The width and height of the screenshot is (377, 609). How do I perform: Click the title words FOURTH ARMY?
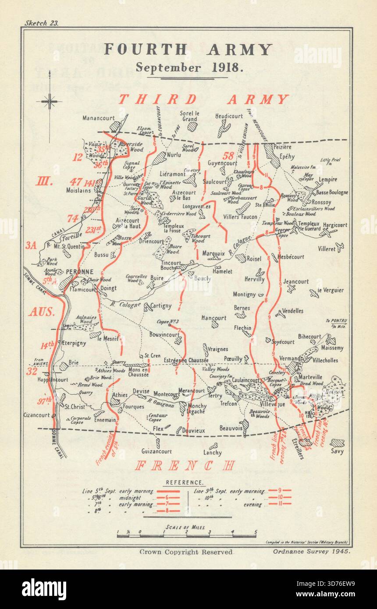(188, 49)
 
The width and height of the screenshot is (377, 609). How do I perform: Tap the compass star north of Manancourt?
(50, 102)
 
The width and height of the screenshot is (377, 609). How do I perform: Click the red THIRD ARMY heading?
(203, 99)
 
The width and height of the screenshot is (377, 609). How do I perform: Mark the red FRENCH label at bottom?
(185, 465)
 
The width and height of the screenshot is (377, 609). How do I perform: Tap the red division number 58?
(228, 156)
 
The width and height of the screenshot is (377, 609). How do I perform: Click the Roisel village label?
(254, 258)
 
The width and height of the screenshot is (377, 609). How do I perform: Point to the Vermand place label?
(290, 358)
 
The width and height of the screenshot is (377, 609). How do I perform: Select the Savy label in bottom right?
(338, 451)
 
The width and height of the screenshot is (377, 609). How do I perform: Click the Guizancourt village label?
(156, 451)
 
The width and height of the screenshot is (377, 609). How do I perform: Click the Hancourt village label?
(214, 318)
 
